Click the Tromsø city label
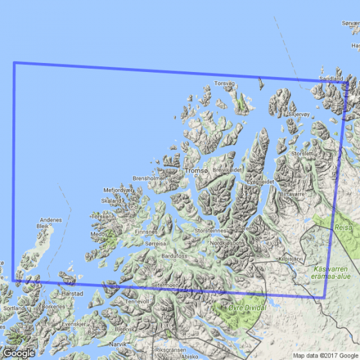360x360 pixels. tap(196, 170)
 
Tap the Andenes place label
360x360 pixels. tap(51, 220)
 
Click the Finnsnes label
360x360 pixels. tap(146, 231)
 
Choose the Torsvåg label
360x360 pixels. tap(226, 83)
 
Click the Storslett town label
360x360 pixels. tap(303, 154)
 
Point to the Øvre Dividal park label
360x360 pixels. tap(246, 307)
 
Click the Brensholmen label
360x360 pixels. tap(145, 178)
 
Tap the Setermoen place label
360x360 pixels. tap(165, 284)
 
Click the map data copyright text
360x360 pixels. tap(325, 355)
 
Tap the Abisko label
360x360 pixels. tap(188, 356)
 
